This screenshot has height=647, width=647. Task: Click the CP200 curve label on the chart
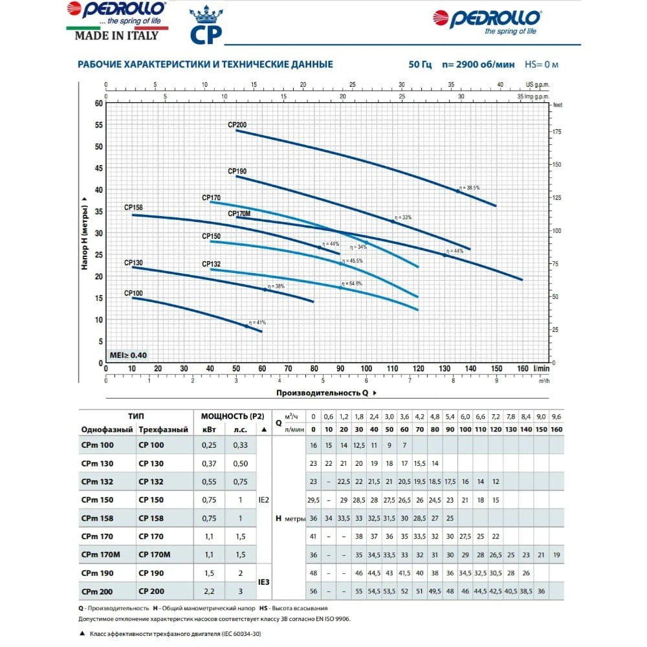click(237, 124)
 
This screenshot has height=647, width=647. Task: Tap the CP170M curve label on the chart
click(239, 213)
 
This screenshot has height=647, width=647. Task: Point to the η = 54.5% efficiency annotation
click(353, 283)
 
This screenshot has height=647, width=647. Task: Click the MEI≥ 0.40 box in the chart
click(128, 355)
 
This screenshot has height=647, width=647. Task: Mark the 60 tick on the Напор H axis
click(98, 103)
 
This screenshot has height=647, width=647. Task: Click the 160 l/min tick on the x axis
click(523, 369)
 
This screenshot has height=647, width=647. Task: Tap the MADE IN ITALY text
click(116, 36)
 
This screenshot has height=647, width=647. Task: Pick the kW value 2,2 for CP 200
click(208, 591)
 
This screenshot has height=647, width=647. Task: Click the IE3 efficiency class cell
click(263, 582)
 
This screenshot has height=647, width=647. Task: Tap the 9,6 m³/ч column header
click(556, 416)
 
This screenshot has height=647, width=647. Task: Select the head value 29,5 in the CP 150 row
click(313, 500)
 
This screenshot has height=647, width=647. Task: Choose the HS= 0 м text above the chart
click(541, 65)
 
